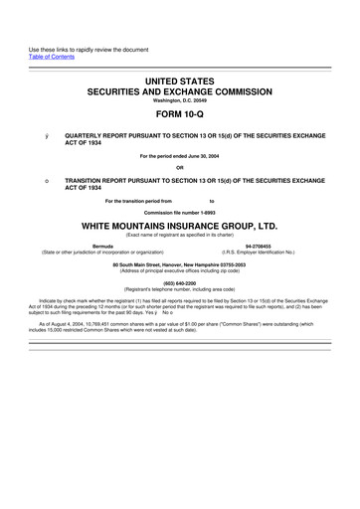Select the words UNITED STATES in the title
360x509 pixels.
coord(180,78)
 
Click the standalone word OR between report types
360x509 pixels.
coord(180,166)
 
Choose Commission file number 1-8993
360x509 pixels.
coord(180,214)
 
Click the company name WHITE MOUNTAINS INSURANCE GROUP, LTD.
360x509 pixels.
coord(180,227)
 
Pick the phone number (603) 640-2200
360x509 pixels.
coord(180,281)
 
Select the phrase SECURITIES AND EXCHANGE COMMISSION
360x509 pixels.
coord(180,88)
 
